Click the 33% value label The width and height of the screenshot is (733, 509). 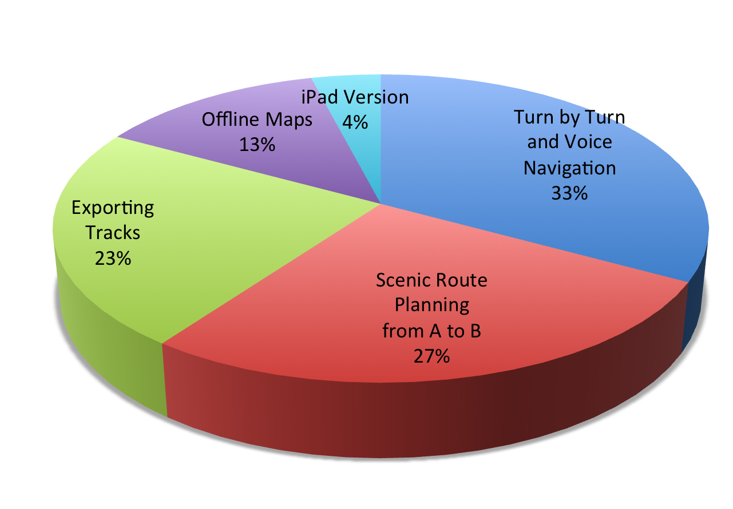tap(569, 193)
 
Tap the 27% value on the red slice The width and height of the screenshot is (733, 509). tap(431, 356)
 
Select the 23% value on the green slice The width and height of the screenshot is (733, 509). tap(113, 258)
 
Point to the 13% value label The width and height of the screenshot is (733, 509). tap(257, 144)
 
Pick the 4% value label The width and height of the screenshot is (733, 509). tap(355, 122)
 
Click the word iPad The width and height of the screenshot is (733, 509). tap(320, 97)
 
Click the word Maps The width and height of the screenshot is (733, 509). tap(289, 120)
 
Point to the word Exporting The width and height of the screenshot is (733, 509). tap(113, 208)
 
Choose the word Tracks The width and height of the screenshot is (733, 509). tap(113, 233)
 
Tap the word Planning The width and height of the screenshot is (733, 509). tap(432, 306)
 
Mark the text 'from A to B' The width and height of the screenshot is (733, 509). tap(431, 331)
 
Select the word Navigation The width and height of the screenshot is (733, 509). tap(570, 169)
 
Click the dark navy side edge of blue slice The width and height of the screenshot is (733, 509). tap(695, 301)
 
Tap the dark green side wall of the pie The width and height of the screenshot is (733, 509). tap(108, 344)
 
